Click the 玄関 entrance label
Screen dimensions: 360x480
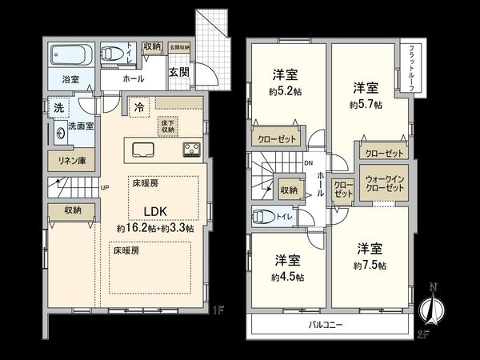point(178,71)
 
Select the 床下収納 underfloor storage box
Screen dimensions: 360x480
point(168,126)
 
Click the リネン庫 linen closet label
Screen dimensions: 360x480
point(70,161)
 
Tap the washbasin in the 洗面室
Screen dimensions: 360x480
point(62,133)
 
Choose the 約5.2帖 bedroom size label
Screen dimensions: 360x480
point(285,91)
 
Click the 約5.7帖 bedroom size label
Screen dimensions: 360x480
point(366,104)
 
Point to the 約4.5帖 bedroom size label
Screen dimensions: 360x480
point(287,277)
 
